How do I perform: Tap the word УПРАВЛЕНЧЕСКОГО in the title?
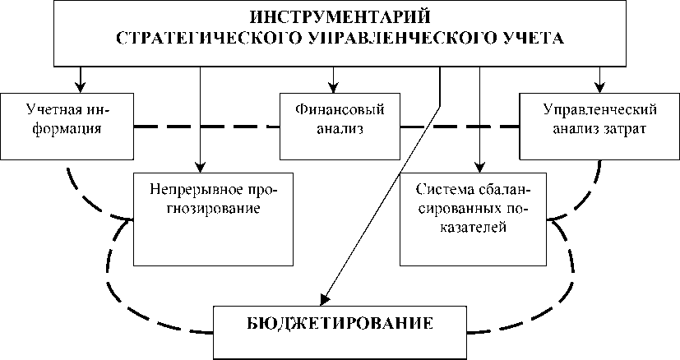point(375,38)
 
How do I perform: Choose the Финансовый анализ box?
point(339,127)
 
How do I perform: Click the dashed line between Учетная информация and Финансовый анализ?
point(206,127)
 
